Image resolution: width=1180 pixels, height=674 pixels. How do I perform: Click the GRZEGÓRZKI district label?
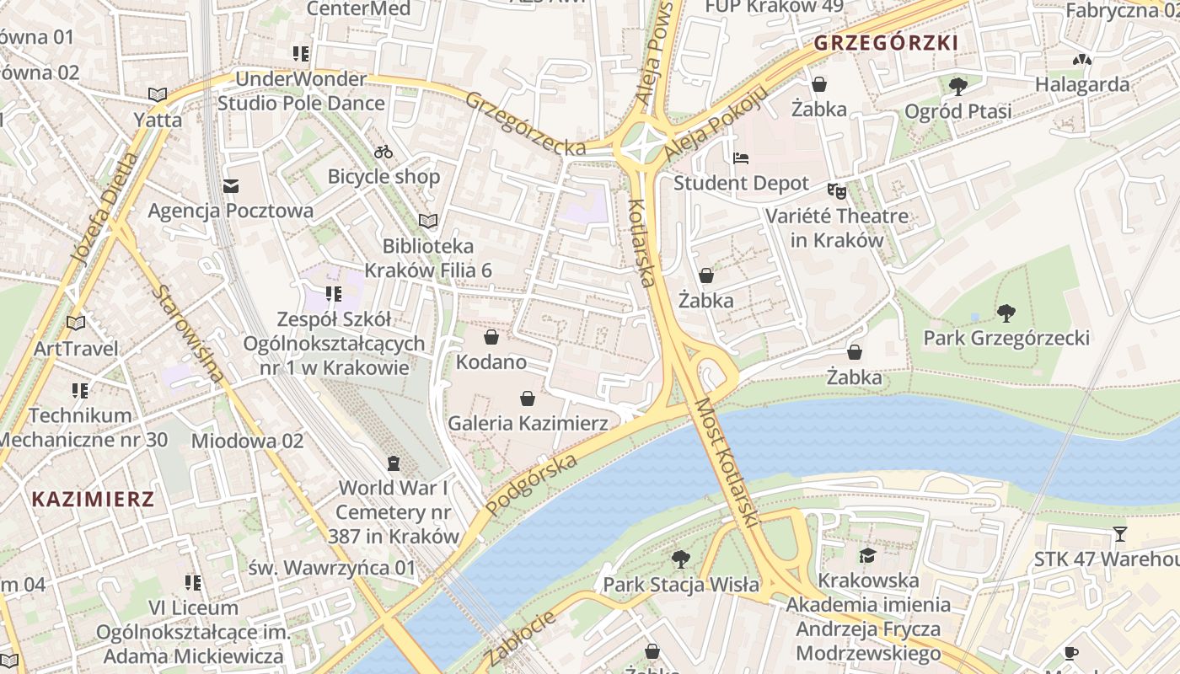click(x=886, y=43)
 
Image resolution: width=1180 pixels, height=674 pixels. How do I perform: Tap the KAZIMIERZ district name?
click(x=93, y=499)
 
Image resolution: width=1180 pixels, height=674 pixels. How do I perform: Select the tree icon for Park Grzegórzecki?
click(x=1006, y=314)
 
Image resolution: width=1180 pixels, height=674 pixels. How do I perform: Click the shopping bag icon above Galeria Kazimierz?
click(x=528, y=399)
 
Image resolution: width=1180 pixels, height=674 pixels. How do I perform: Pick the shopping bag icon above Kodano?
click(x=491, y=338)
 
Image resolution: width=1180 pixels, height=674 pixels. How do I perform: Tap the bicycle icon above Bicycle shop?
click(x=383, y=152)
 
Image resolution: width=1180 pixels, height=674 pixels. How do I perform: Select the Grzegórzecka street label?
click(x=525, y=124)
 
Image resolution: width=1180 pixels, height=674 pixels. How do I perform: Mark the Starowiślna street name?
click(x=190, y=334)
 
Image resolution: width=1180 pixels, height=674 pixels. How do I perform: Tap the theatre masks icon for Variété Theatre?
click(x=836, y=191)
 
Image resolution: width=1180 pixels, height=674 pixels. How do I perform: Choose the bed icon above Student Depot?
click(x=741, y=158)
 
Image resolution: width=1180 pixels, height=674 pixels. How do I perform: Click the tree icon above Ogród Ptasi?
click(x=957, y=86)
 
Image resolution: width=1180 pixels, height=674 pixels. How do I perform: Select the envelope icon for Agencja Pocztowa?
click(x=230, y=186)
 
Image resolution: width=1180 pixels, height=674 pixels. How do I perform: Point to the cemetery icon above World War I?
click(x=393, y=463)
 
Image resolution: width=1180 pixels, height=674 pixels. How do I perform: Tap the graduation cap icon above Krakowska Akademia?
click(x=867, y=555)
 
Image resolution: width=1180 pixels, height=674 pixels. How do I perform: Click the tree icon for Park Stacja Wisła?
click(x=681, y=559)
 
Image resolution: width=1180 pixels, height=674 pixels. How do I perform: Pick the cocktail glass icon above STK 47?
click(x=1119, y=534)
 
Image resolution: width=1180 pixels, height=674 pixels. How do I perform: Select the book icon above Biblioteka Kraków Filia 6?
click(x=428, y=222)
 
